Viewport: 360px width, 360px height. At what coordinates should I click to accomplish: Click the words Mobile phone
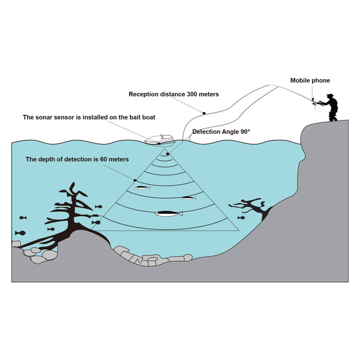tap(310, 80)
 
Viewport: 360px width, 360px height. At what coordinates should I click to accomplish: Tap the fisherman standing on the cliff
tap(329, 107)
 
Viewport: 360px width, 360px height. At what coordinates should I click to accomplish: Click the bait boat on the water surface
tap(160, 139)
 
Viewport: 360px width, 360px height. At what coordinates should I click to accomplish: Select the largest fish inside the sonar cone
tap(169, 213)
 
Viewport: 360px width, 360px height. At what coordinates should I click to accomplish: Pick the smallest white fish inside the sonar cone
tap(142, 187)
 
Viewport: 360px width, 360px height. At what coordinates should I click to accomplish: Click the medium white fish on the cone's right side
tap(188, 197)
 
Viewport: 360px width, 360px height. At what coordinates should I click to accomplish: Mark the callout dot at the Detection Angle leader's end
tap(169, 154)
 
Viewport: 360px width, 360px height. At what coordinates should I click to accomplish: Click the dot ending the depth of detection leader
tap(135, 181)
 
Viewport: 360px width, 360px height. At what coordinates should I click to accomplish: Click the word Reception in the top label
tap(145, 95)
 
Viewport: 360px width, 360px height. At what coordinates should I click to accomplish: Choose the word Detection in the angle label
tap(207, 131)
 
